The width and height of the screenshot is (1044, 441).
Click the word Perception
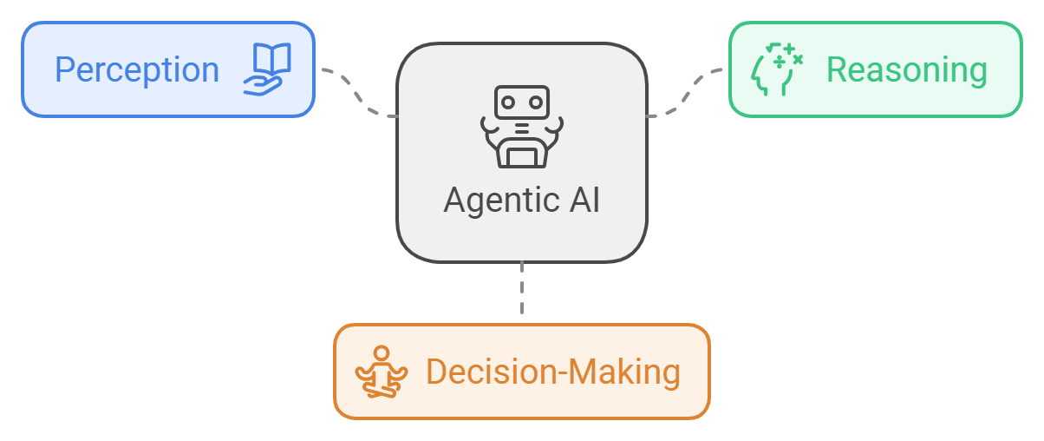click(137, 69)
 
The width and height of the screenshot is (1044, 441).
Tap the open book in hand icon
click(267, 69)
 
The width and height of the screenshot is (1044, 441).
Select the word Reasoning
click(906, 69)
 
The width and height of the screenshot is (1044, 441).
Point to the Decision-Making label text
click(552, 372)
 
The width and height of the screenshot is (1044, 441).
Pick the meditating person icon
click(381, 372)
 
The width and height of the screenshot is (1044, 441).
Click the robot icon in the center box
click(521, 126)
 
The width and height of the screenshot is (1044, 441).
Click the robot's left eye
click(509, 101)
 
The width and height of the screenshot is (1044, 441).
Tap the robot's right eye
click(534, 101)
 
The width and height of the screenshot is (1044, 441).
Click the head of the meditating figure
click(381, 354)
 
